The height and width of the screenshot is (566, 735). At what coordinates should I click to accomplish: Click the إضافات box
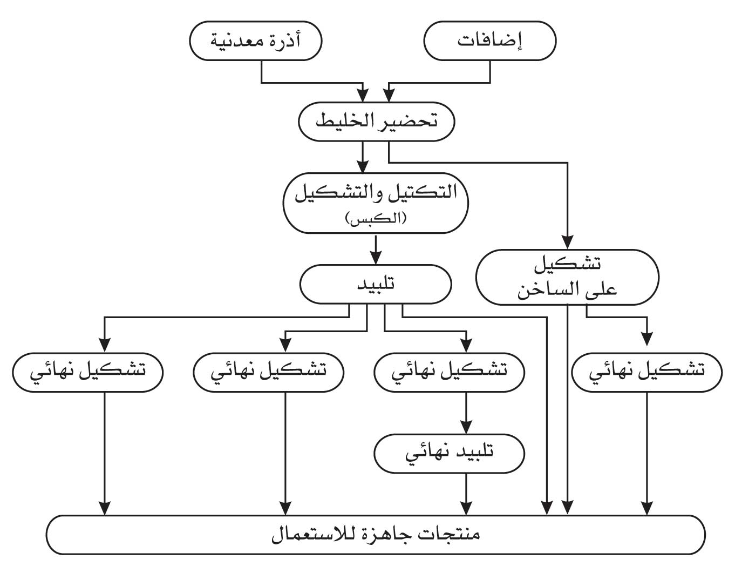[490, 41]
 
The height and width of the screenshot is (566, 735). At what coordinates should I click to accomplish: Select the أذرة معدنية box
[255, 41]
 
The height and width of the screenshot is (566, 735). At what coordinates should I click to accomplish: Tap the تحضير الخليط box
[376, 122]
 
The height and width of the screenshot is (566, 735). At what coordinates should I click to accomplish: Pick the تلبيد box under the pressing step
[376, 285]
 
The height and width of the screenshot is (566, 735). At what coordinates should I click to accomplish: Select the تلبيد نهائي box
[449, 453]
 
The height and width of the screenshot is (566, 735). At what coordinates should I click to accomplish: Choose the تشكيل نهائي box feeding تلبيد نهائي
[449, 372]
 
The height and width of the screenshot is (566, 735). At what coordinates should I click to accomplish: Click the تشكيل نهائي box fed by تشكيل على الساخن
[646, 372]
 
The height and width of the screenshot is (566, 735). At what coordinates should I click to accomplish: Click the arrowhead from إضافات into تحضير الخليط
[389, 96]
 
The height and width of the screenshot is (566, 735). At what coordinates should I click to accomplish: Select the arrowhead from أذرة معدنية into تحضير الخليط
[363, 96]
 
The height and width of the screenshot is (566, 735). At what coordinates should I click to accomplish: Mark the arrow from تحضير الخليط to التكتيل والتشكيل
[363, 157]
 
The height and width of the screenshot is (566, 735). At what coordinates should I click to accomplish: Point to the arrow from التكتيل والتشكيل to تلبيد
[376, 249]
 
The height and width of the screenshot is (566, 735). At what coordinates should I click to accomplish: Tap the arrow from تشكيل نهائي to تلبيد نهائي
[466, 413]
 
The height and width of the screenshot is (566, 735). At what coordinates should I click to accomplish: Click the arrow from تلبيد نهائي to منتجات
[466, 494]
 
